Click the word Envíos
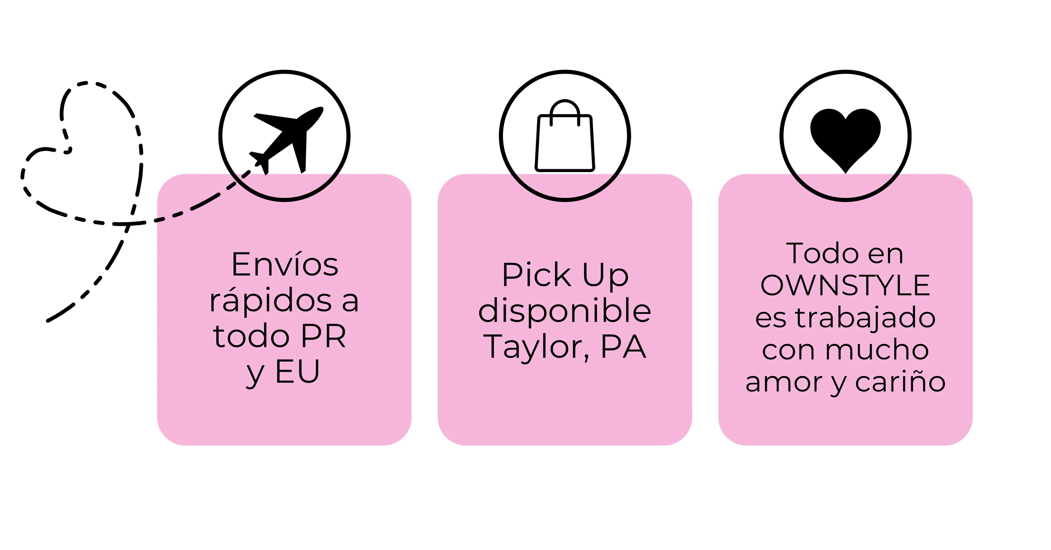pos(285,265)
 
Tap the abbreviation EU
pos(298,372)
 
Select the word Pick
pos(536,275)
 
